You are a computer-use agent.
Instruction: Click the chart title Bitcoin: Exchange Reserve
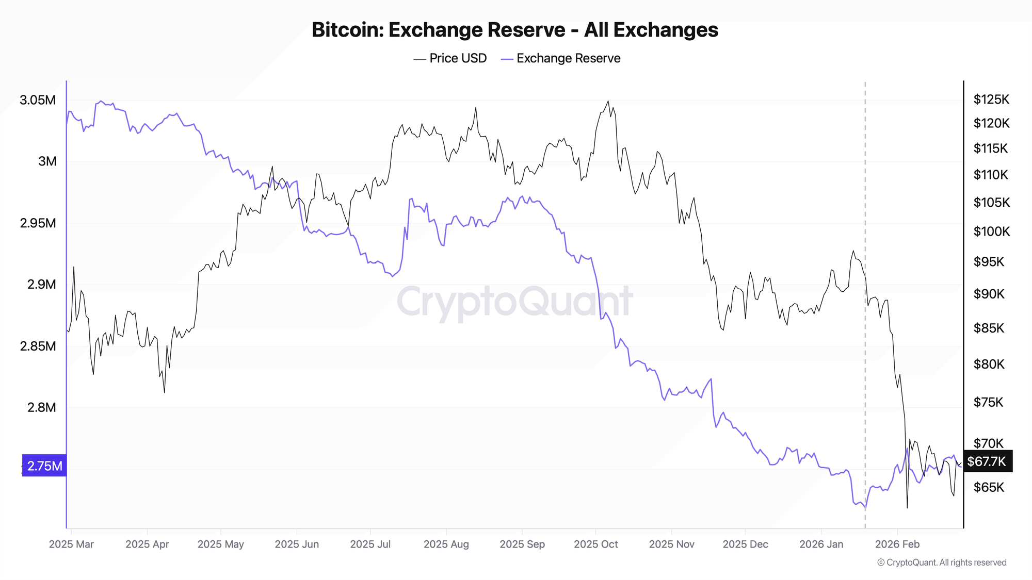click(514, 30)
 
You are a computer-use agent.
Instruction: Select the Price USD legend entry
click(458, 58)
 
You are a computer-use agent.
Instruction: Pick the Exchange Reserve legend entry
click(568, 58)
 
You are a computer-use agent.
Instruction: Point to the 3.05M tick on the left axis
click(38, 100)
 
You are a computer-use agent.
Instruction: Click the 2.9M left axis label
click(41, 284)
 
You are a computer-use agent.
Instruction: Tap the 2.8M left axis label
click(41, 407)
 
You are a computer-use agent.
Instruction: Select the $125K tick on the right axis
click(991, 99)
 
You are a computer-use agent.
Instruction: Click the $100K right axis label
click(991, 231)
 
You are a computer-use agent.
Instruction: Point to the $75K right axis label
click(988, 402)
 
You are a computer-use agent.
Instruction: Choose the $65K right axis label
click(988, 487)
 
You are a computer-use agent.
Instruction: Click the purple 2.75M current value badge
click(44, 466)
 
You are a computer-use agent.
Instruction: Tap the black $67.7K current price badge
click(987, 461)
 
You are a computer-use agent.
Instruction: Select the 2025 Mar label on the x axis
click(71, 544)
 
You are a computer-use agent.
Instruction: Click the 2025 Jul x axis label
click(370, 544)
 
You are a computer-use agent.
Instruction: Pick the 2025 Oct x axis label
click(595, 544)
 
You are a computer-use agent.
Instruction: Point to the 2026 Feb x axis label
click(897, 544)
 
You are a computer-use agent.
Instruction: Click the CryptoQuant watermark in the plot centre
click(514, 302)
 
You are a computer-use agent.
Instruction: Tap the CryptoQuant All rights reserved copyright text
click(942, 562)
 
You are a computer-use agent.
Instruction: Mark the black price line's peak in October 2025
click(608, 101)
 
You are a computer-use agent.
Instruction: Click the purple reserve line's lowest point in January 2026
click(865, 509)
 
